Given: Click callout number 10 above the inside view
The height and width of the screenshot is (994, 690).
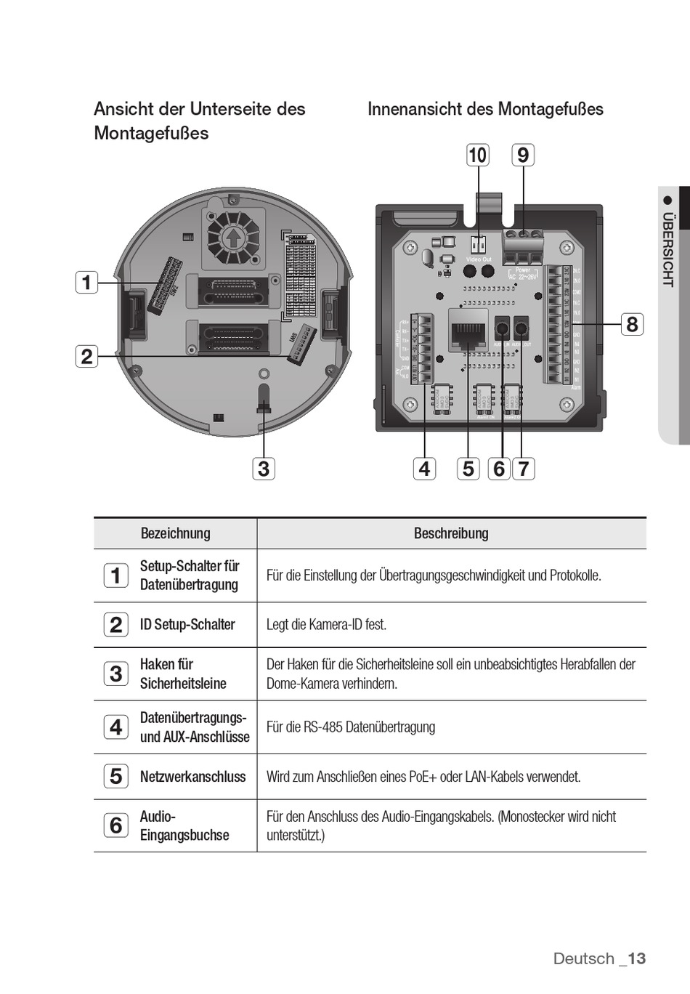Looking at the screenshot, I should pyautogui.click(x=477, y=155).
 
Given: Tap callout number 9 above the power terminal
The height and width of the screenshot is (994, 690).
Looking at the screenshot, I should pyautogui.click(x=523, y=155).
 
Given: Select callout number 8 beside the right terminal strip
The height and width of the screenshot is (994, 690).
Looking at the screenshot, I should pyautogui.click(x=632, y=324).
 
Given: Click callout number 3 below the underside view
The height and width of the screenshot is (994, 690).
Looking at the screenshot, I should pyautogui.click(x=264, y=469).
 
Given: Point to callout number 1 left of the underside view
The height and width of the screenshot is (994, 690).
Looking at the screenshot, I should pyautogui.click(x=86, y=282).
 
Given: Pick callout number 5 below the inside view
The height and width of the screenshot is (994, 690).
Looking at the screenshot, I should pyautogui.click(x=468, y=469).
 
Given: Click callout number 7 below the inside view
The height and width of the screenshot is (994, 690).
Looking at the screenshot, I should pyautogui.click(x=523, y=469).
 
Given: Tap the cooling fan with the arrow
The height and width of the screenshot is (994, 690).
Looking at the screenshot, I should pyautogui.click(x=233, y=236).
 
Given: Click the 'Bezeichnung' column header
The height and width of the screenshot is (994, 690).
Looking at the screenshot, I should pyautogui.click(x=175, y=533).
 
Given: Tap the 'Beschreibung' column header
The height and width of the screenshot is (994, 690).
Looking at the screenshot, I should pyautogui.click(x=451, y=533).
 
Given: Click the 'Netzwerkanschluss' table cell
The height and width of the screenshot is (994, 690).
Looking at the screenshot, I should pyautogui.click(x=192, y=777).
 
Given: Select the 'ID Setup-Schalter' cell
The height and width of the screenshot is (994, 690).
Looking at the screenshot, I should pyautogui.click(x=187, y=625).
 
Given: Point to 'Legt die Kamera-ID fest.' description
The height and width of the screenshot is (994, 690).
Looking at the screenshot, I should pyautogui.click(x=326, y=625).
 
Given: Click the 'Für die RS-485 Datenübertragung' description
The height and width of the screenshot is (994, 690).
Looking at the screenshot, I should pyautogui.click(x=351, y=727).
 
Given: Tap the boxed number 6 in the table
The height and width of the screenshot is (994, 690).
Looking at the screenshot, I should pyautogui.click(x=116, y=825).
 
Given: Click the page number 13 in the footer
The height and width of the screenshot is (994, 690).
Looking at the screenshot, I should pyautogui.click(x=636, y=958).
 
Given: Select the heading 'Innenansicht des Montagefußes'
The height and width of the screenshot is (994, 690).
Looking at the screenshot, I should pyautogui.click(x=485, y=109).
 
